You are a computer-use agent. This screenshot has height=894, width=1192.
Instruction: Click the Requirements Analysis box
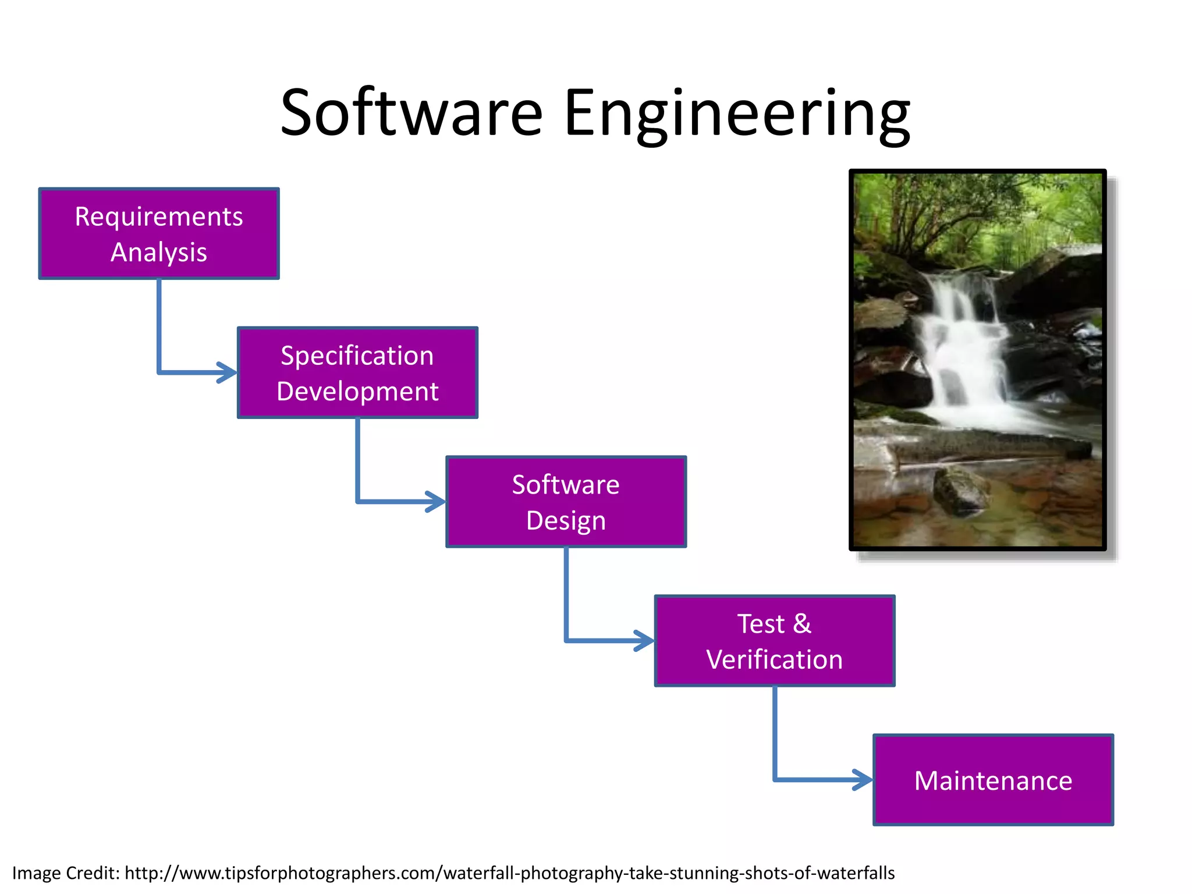158,233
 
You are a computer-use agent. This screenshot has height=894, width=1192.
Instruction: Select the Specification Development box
357,372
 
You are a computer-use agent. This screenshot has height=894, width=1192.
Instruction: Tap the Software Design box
566,502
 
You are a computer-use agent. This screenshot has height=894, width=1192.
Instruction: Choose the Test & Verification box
774,641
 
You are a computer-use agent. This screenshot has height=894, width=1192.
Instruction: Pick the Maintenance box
993,780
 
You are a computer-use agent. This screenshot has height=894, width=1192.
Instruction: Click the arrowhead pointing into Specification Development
228,372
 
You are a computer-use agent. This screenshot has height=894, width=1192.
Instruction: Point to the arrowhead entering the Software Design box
436,502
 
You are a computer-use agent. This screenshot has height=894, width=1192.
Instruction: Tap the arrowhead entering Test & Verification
644,641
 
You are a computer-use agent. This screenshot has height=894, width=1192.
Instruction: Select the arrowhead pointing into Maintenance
863,780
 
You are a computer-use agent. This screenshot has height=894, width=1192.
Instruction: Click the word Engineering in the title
737,113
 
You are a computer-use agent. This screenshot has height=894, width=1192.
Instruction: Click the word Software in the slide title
411,113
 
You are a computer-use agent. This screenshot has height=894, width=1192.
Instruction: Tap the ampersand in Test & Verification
802,623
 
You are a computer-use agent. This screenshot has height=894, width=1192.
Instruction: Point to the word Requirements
158,217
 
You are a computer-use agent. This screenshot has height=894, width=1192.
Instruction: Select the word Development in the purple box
357,391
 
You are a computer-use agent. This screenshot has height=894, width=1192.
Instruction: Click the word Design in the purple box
566,520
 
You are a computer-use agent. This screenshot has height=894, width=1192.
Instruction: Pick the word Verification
774,659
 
